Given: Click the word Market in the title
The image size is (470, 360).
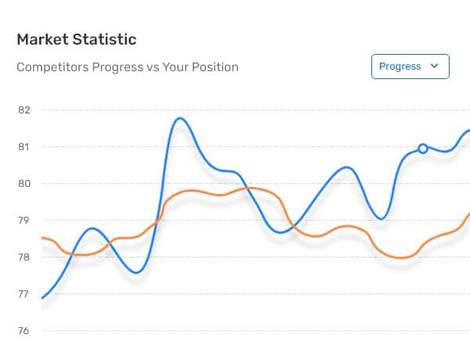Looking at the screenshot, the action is tap(42, 40).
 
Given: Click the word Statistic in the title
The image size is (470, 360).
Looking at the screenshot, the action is tap(105, 40).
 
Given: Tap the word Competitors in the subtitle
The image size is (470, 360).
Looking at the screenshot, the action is tap(53, 67).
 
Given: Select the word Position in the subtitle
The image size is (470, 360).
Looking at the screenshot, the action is tap(215, 67).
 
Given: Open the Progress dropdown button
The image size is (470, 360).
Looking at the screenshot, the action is tap(410, 67).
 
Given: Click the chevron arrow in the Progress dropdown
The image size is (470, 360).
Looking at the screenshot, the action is tap(434, 66).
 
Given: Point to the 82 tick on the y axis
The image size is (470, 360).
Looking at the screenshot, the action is tap(24, 110).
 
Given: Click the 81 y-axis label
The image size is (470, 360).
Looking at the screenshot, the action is tap(24, 147).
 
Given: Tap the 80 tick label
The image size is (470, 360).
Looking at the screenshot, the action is tap(24, 184).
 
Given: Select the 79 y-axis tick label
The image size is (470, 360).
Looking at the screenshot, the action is tap(24, 221).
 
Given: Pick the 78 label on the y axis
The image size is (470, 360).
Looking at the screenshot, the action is tap(24, 257).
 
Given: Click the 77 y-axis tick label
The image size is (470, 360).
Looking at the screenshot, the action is tap(24, 294).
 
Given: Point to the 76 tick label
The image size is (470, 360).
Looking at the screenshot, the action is tap(24, 331).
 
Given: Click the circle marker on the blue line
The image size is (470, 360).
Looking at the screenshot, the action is tap(423, 149).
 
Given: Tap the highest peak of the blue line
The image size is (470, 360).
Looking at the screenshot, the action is tap(180, 119).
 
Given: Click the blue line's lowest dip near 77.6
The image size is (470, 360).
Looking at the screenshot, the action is tap(136, 272).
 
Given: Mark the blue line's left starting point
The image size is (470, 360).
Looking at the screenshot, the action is tap(42, 298).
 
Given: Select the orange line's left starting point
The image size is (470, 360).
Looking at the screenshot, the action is tap(42, 238).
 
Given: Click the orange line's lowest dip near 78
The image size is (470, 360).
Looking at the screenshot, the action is tap(401, 257).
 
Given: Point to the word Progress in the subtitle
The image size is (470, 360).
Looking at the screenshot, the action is tap(117, 67).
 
